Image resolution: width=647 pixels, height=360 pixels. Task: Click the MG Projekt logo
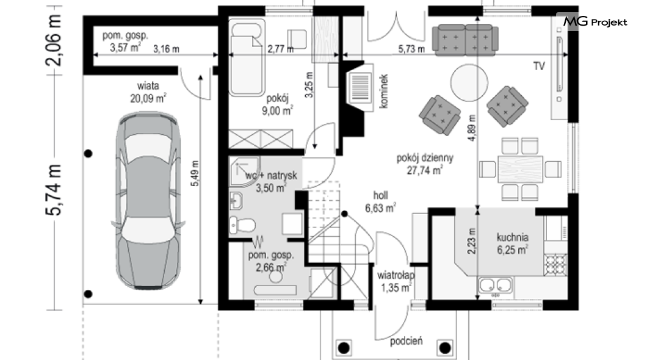(x=595, y=21)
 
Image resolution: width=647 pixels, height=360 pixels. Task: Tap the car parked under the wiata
(x=148, y=200)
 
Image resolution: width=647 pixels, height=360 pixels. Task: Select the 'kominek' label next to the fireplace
(x=384, y=91)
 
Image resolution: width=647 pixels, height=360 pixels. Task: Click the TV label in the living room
(x=539, y=66)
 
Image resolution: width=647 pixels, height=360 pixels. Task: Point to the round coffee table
(x=469, y=82)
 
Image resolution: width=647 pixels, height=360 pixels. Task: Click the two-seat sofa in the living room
(x=465, y=39)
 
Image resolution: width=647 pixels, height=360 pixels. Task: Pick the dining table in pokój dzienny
(x=520, y=169)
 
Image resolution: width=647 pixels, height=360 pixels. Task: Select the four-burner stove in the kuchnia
(x=555, y=265)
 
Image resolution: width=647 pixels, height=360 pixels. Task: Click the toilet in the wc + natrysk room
(x=243, y=225)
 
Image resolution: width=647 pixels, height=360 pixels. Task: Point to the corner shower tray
(x=244, y=171)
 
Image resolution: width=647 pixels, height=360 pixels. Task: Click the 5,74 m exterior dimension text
(x=54, y=190)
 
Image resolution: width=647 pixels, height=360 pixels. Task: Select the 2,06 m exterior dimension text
(x=54, y=40)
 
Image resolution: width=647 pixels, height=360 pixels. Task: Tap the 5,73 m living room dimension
(x=411, y=49)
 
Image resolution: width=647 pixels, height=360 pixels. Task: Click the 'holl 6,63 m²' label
(x=380, y=201)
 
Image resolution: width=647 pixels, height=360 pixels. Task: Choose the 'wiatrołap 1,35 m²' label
(x=396, y=281)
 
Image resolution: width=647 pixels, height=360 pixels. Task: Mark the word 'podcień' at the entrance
(x=407, y=341)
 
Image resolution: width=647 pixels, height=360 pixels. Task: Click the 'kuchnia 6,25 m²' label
(x=513, y=243)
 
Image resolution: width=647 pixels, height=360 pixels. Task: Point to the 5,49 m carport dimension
(x=195, y=173)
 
